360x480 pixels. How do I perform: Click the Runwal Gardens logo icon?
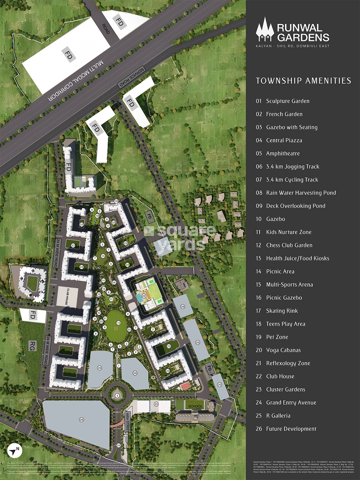[x=265, y=30]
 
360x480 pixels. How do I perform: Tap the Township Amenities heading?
[x=303, y=81]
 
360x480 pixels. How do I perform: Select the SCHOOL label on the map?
[x=195, y=406]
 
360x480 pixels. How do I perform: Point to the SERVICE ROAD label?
[x=132, y=77]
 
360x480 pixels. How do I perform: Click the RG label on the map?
[x=32, y=346]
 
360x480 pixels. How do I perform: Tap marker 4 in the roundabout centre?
[x=117, y=396]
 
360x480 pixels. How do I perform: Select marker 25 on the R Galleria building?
[x=156, y=404]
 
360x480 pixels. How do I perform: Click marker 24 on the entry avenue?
[x=118, y=445]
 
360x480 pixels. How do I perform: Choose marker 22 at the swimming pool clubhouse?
[x=144, y=296]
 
